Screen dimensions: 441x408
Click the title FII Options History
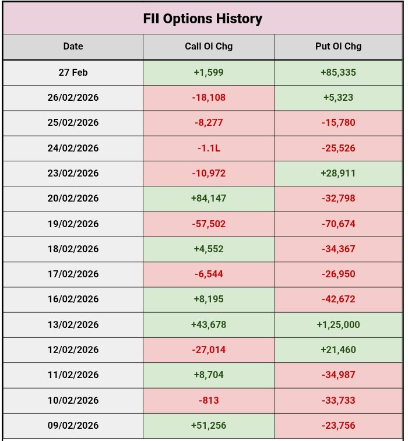(x=202, y=19)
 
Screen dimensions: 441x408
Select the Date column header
(x=73, y=47)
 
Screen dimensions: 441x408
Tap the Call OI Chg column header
(x=209, y=47)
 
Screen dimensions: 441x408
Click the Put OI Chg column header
(x=338, y=47)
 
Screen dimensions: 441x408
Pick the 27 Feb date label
(x=73, y=73)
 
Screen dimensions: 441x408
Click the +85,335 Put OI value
(x=338, y=73)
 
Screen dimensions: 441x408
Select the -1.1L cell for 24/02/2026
(x=209, y=148)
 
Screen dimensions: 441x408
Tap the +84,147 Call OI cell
(x=209, y=199)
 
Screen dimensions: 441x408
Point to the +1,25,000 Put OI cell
(x=338, y=324)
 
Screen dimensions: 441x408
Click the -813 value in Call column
(x=209, y=400)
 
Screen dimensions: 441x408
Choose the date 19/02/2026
(x=73, y=224)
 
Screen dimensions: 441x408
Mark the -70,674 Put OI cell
(x=338, y=224)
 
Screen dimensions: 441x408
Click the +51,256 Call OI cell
(x=209, y=425)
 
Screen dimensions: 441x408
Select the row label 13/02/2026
(x=73, y=324)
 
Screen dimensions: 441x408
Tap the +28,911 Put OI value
(x=338, y=173)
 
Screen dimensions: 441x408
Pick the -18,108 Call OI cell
(x=209, y=98)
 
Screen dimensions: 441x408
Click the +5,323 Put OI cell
(x=338, y=98)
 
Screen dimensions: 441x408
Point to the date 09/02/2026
(x=73, y=425)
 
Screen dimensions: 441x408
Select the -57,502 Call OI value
(x=209, y=224)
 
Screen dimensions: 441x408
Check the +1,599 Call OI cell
(x=209, y=73)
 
